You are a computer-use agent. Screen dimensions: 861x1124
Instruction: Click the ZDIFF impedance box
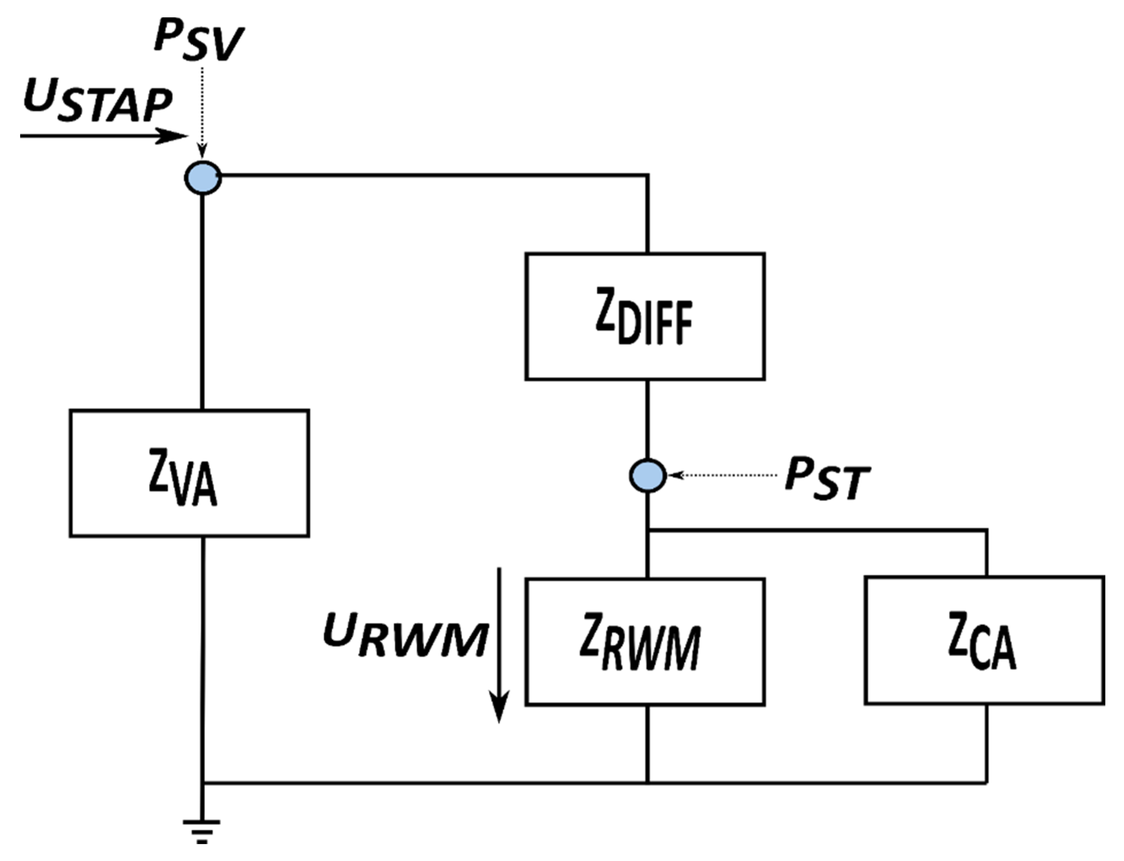[x=644, y=316]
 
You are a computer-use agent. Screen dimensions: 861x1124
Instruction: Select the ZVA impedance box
[x=189, y=473]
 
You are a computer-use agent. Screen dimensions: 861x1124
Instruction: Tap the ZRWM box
[x=644, y=642]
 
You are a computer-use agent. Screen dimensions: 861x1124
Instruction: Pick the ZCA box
[x=984, y=640]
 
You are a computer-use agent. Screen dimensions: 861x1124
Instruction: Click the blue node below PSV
[x=203, y=178]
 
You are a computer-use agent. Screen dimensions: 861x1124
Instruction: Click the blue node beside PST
[x=648, y=476]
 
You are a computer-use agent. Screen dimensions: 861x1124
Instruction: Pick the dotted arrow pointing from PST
[x=725, y=476]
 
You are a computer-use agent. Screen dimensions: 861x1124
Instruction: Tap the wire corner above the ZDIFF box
[x=648, y=175]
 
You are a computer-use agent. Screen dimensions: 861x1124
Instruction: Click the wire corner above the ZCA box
[x=986, y=530]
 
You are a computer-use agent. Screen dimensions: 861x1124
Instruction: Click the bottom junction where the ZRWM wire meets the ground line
[x=648, y=783]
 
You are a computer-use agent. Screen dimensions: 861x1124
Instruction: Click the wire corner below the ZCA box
[x=986, y=783]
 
